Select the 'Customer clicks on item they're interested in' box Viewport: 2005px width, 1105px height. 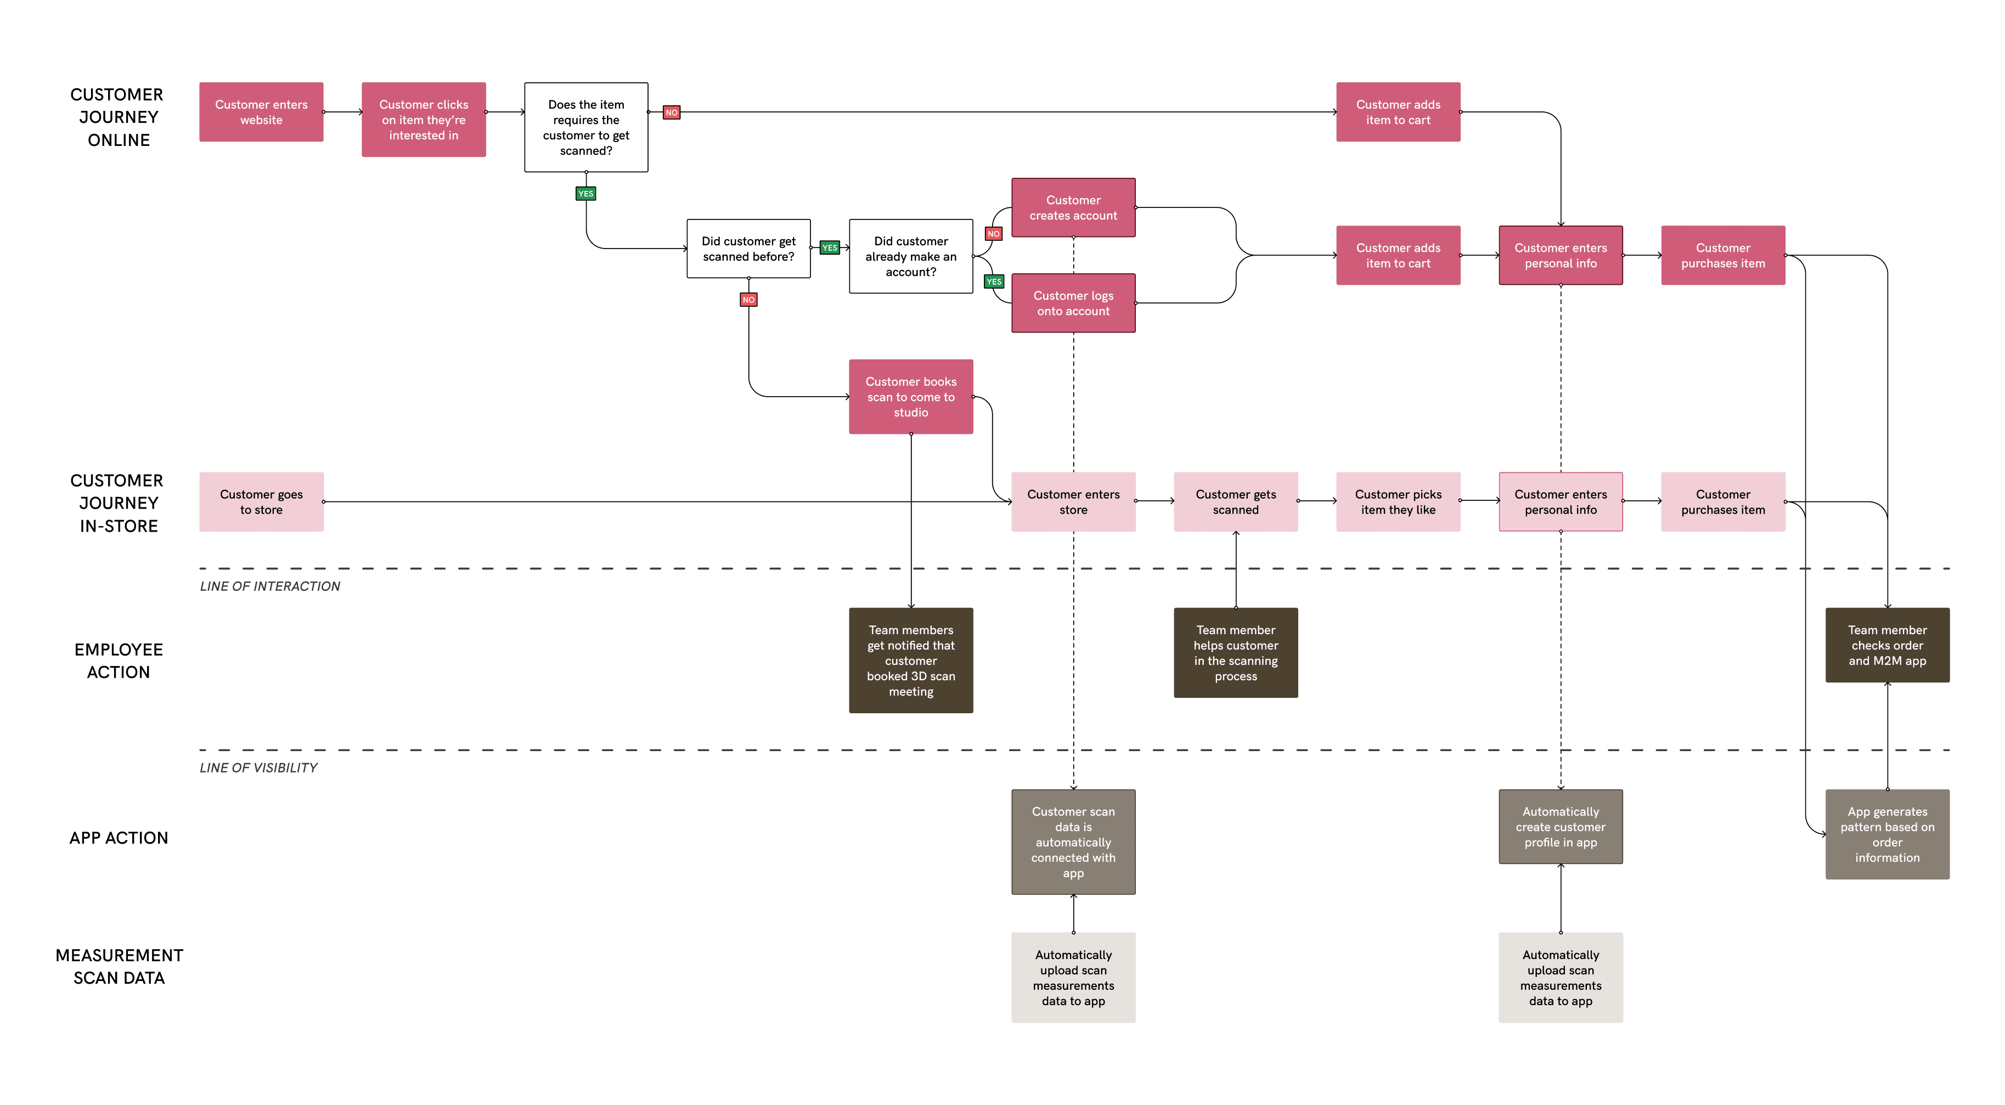pyautogui.click(x=424, y=120)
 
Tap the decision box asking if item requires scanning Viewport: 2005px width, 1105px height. pyautogui.click(x=585, y=128)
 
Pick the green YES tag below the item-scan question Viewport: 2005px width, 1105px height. pyautogui.click(x=585, y=194)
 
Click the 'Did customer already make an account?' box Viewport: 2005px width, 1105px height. pyautogui.click(x=911, y=256)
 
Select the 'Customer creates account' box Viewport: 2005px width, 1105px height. pyautogui.click(x=1073, y=208)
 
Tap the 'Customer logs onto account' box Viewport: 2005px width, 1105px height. pyautogui.click(x=1073, y=303)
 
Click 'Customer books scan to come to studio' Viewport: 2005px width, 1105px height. pyautogui.click(x=911, y=397)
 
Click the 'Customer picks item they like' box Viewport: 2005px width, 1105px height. pyautogui.click(x=1398, y=502)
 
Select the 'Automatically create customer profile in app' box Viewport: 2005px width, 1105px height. pyautogui.click(x=1560, y=826)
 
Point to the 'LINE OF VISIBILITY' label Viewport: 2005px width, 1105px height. pyautogui.click(x=258, y=767)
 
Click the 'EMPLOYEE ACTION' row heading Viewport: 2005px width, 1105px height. pyautogui.click(x=119, y=661)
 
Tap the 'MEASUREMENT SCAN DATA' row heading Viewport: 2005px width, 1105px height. pyautogui.click(x=119, y=967)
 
